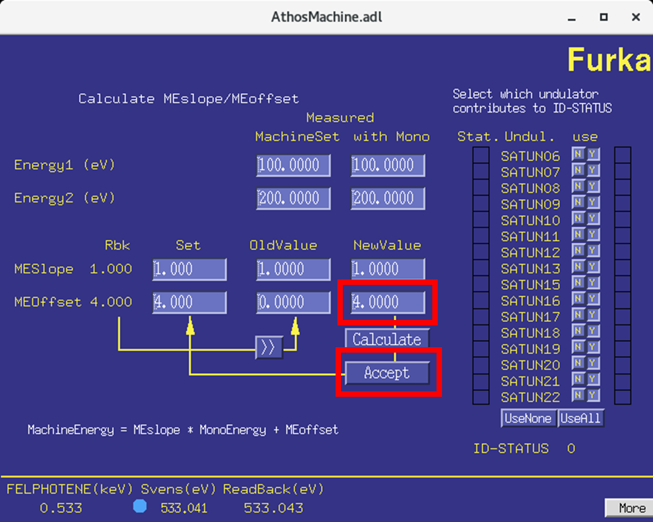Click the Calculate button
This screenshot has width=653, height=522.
(x=387, y=339)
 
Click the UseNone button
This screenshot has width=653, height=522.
(x=528, y=418)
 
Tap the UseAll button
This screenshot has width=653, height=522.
(x=581, y=418)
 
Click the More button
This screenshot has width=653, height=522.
(x=628, y=507)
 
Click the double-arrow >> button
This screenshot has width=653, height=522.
(x=268, y=347)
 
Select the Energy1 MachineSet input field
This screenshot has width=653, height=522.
(x=293, y=165)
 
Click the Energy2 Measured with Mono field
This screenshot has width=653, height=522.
(x=388, y=198)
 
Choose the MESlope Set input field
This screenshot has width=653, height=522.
(x=189, y=269)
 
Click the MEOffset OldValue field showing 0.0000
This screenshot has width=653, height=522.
(x=293, y=302)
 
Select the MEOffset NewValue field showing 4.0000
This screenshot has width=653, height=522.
(x=388, y=302)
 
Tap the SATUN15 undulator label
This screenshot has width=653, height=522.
(x=530, y=285)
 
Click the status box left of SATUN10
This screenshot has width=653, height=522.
(x=481, y=220)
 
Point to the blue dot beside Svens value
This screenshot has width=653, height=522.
(x=140, y=506)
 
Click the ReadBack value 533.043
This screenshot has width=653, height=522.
(x=273, y=508)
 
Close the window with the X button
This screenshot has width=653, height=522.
(x=635, y=18)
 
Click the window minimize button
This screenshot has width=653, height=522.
(x=571, y=18)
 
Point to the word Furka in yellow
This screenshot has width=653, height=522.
(x=609, y=60)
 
